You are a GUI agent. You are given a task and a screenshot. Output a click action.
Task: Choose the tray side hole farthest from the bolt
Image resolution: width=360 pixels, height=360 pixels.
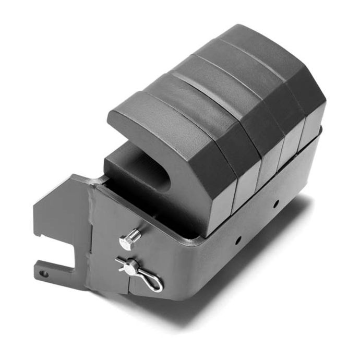pyautogui.click(x=275, y=203)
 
